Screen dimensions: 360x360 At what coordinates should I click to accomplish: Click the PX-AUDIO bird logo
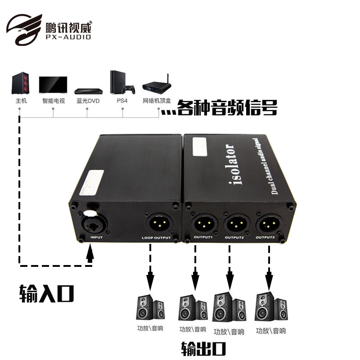pos(25,29)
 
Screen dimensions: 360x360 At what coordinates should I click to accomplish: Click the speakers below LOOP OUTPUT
pos(150,308)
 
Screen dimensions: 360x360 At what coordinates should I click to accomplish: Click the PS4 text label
pos(122,101)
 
